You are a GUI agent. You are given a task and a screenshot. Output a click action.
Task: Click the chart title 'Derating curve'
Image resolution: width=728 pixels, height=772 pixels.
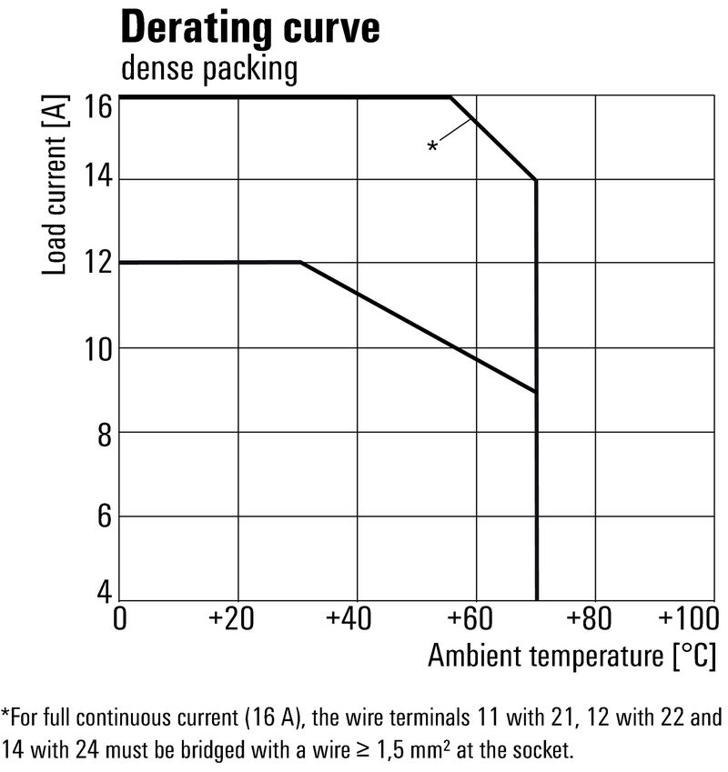pos(250,28)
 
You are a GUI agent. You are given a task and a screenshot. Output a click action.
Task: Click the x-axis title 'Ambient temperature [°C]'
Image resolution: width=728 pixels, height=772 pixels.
pos(571,657)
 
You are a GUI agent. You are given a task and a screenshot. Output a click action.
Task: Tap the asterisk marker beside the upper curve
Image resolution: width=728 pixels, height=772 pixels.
pos(433,146)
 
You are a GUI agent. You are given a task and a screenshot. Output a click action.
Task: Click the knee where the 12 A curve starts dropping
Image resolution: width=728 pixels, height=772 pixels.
pos(300,263)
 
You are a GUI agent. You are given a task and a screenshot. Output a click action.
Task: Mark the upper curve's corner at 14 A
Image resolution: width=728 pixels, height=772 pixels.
pos(536,180)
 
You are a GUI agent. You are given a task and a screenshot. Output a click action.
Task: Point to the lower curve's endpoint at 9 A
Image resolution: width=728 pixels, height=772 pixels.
pos(536,392)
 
